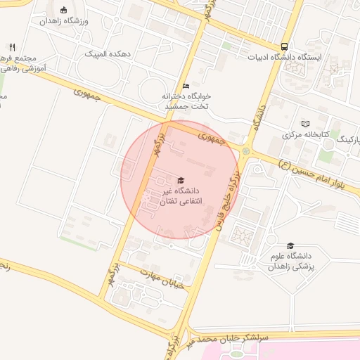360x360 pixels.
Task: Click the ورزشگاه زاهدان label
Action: tap(65, 22)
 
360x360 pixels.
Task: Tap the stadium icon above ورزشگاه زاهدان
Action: tap(65, 10)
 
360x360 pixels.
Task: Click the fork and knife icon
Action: tap(12, 47)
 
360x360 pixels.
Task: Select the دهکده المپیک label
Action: tap(108, 53)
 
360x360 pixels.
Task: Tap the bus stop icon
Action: tap(283, 42)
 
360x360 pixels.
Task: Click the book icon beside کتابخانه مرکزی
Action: tap(305, 123)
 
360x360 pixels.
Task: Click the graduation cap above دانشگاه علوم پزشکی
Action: tap(290, 245)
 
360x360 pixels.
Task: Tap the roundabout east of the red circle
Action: tap(245, 150)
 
